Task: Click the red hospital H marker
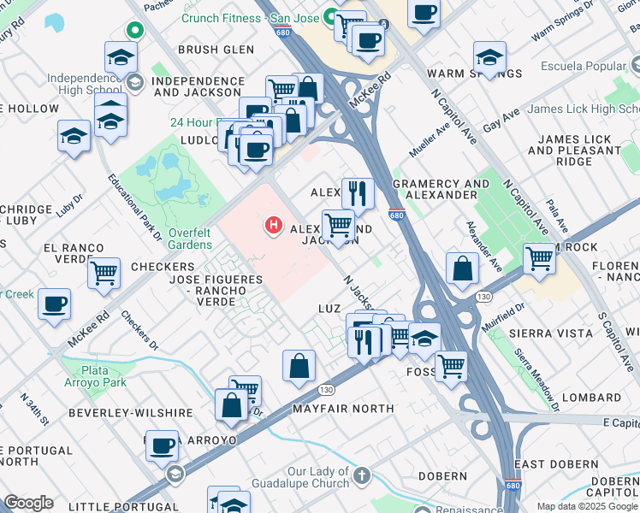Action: click(x=273, y=225)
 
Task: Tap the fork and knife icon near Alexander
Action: click(x=358, y=193)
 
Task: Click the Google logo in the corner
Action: click(x=28, y=503)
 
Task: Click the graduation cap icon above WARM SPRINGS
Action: click(x=489, y=57)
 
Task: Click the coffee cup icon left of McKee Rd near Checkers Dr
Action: click(x=55, y=304)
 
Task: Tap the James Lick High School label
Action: click(x=583, y=109)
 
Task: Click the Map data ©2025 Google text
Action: click(x=587, y=506)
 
